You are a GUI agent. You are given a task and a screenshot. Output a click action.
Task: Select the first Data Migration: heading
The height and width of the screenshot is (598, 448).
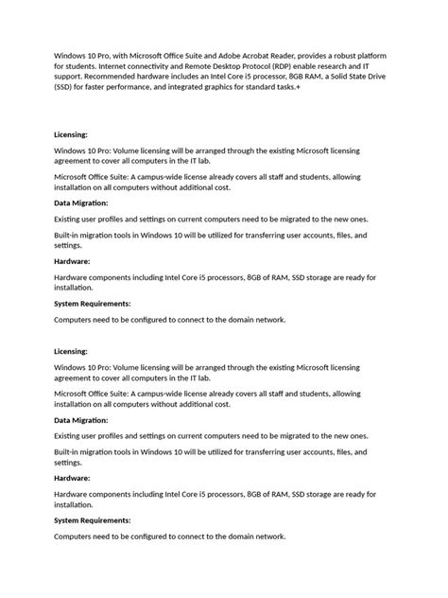click(x=81, y=202)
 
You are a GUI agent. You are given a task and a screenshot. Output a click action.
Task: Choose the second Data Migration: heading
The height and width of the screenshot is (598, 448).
click(x=81, y=418)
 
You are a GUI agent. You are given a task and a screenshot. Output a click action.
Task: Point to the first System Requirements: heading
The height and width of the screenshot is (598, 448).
click(x=93, y=304)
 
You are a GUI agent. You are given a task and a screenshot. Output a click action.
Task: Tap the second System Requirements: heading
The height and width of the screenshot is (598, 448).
click(x=93, y=519)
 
